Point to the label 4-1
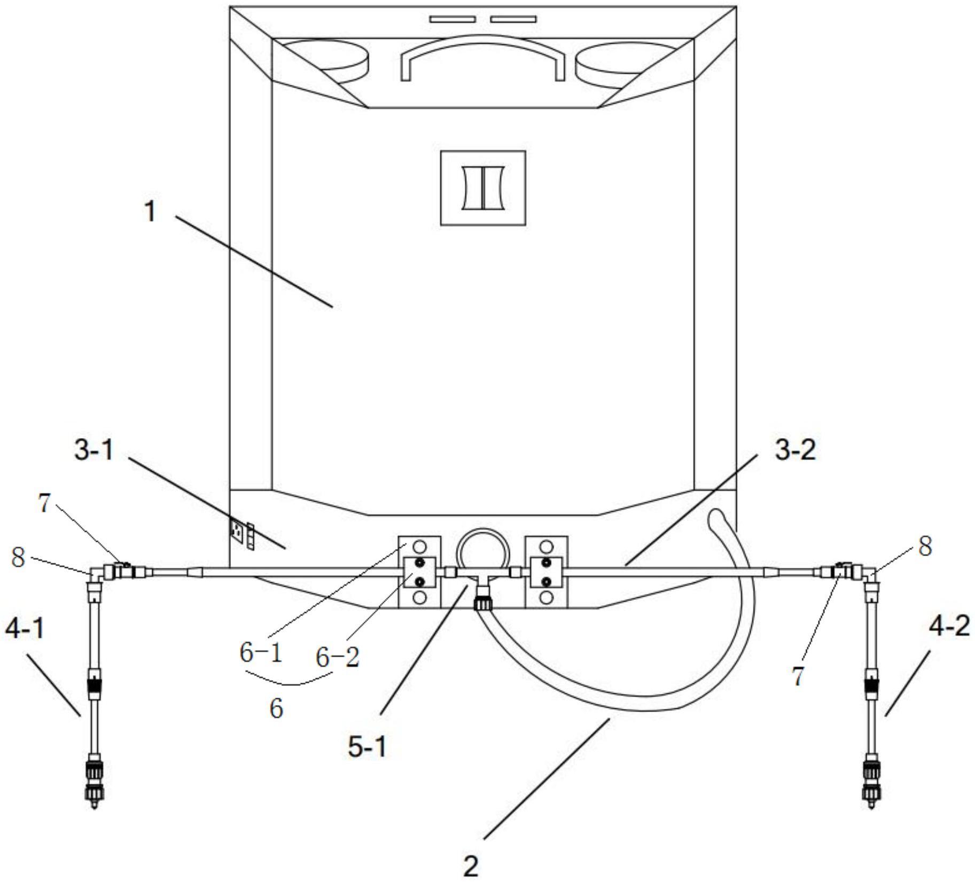click(25, 629)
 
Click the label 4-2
click(949, 626)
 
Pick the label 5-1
click(368, 747)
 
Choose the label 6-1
click(261, 653)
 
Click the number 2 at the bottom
click(471, 867)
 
